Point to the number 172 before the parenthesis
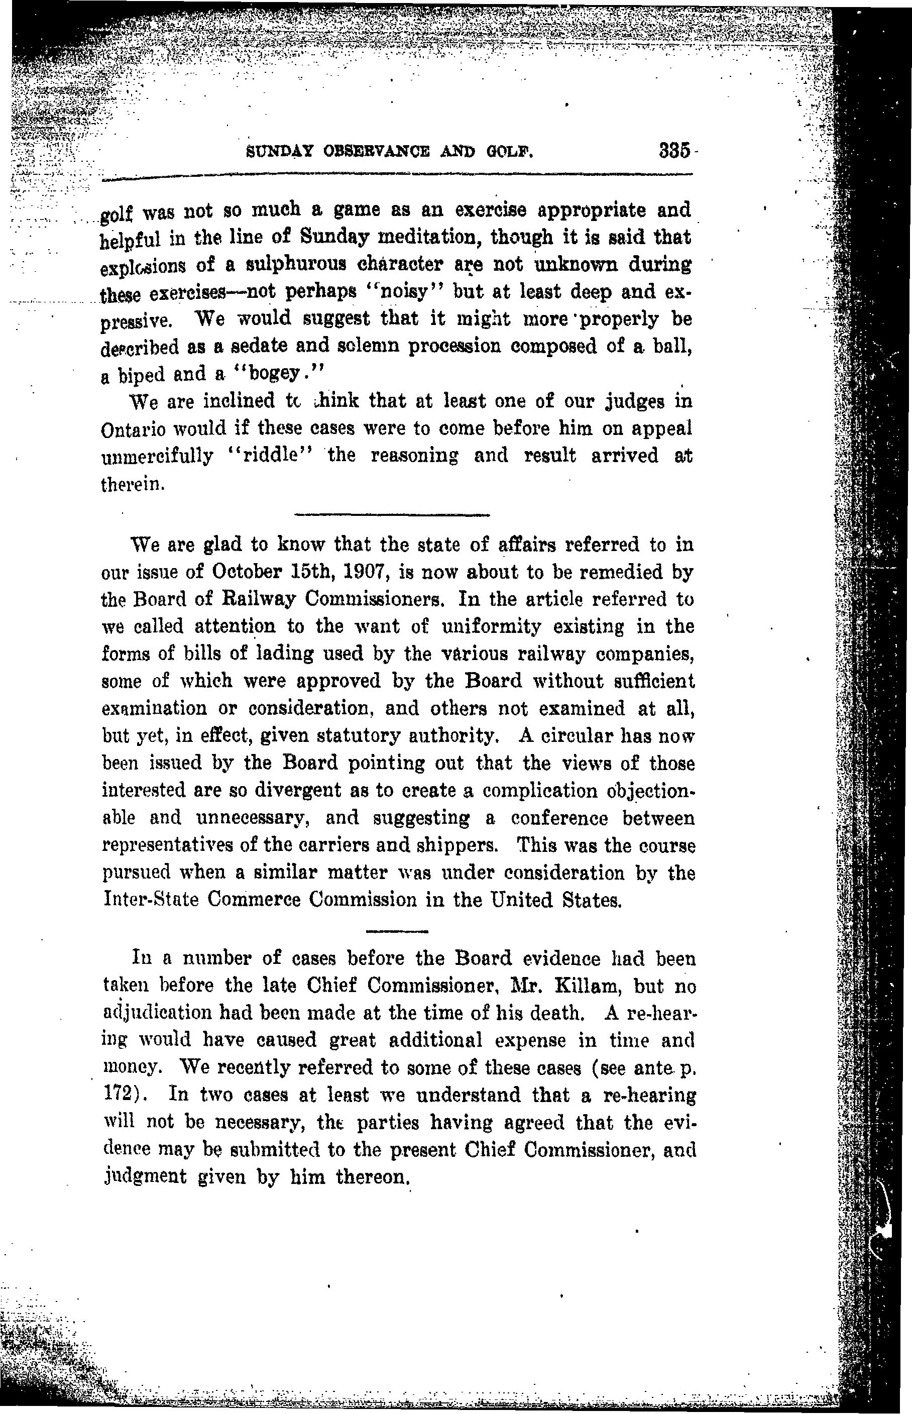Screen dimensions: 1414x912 coord(117,1094)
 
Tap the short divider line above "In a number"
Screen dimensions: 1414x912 coord(397,932)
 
